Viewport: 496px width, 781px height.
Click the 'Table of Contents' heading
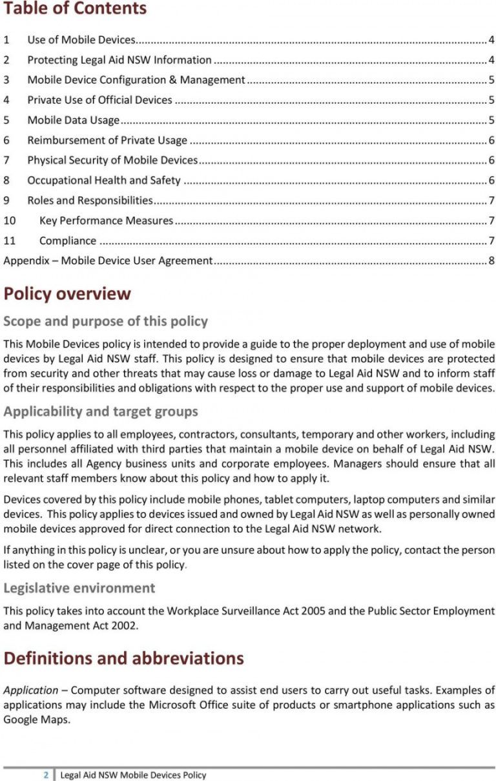click(75, 9)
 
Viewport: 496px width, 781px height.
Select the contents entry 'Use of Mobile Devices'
click(81, 40)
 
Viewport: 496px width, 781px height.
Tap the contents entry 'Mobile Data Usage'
click(73, 120)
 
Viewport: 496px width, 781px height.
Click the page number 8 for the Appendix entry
click(491, 261)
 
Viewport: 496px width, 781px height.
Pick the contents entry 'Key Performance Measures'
click(106, 221)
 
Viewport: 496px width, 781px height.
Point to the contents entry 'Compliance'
click(68, 241)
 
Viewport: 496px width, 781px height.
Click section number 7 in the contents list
click(6, 160)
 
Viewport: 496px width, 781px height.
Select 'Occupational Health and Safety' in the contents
click(103, 181)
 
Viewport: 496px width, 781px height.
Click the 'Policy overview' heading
click(67, 294)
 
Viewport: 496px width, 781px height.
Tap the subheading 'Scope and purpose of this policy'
click(106, 322)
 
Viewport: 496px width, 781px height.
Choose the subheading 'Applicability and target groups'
click(101, 411)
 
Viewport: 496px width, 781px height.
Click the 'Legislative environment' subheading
click(79, 588)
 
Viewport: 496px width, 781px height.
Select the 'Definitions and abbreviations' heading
click(124, 658)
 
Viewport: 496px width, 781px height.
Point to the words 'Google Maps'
click(36, 719)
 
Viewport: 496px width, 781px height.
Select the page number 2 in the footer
click(46, 775)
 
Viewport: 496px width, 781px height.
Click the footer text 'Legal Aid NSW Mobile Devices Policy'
click(133, 775)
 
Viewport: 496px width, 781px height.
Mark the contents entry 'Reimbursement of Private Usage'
click(107, 141)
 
